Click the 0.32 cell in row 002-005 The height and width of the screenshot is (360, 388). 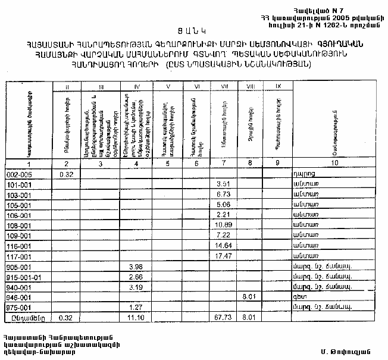coord(65,174)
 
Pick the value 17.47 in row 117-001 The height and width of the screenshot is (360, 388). coord(224,256)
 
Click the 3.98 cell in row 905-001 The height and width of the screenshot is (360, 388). coord(136,266)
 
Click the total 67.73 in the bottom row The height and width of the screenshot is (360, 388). coord(224,318)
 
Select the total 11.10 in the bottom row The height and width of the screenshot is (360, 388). coord(136,318)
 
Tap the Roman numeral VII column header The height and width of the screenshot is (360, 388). coord(224,87)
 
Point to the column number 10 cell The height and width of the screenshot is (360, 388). coord(334,163)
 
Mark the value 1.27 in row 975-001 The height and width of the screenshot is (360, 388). coord(136,307)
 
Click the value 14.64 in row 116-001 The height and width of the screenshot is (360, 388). coord(224,246)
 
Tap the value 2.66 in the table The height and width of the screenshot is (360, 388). coord(136,277)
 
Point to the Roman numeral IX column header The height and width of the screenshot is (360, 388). coord(277,87)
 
